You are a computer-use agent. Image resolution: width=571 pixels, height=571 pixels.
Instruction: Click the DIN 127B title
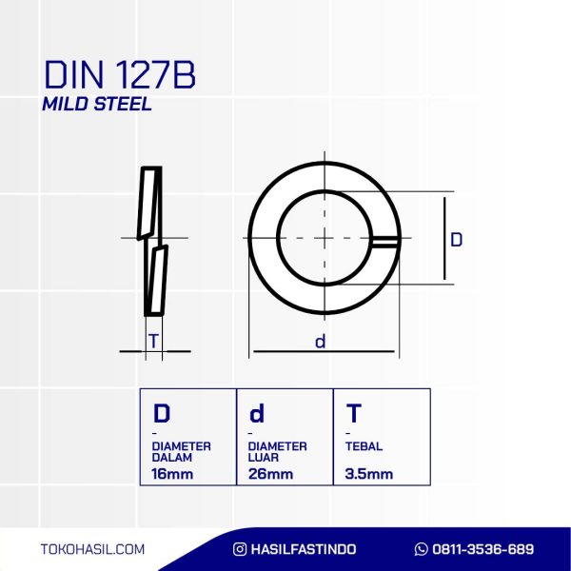(x=120, y=75)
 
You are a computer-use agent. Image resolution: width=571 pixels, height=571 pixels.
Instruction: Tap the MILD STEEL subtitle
(x=97, y=104)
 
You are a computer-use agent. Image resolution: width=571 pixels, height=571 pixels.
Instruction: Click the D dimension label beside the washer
(x=456, y=240)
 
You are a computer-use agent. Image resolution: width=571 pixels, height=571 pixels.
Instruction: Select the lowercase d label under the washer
(x=320, y=342)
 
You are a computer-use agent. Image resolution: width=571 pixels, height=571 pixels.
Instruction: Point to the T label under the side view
(x=153, y=342)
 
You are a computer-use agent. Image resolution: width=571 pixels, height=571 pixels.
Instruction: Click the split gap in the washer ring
(x=385, y=243)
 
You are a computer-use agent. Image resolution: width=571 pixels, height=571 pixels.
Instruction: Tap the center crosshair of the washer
(x=325, y=238)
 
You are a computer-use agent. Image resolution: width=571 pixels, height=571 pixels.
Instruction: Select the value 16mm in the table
(x=172, y=474)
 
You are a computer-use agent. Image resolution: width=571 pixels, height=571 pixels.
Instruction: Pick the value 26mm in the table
(x=270, y=474)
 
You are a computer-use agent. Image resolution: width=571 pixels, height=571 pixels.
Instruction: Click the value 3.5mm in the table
(x=369, y=474)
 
